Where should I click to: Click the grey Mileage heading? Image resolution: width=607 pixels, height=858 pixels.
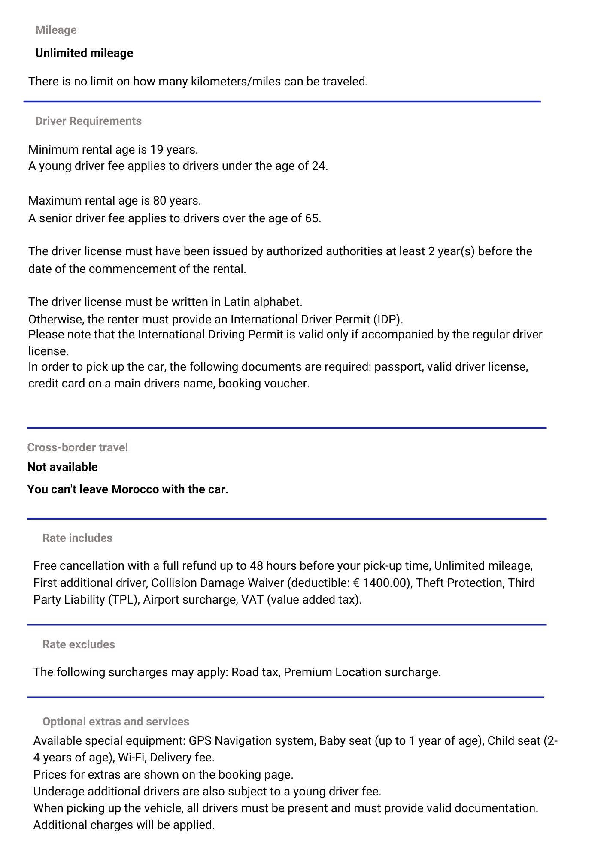56,30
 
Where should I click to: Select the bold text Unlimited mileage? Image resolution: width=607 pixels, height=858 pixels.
84,53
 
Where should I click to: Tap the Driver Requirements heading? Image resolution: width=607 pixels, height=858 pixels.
88,121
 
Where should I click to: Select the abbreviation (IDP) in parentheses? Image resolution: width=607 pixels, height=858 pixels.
388,320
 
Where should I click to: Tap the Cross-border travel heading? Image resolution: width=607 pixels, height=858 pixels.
77,447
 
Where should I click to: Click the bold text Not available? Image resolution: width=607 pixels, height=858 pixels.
62,467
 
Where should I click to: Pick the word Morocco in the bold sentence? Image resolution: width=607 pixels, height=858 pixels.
135,489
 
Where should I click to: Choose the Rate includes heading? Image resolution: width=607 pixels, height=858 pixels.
77,538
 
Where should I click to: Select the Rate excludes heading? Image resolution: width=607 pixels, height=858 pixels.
79,644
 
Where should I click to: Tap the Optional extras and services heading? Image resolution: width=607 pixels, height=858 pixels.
115,722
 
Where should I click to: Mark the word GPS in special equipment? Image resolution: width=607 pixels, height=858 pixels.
200,741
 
